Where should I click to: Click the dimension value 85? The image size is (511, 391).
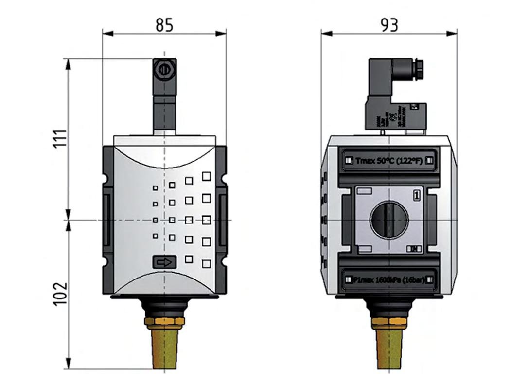164,25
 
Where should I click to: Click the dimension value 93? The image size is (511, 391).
388,25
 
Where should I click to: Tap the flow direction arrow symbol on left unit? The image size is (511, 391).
164,262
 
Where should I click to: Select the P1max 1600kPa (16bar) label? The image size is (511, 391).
388,279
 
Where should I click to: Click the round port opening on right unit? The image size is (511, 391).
388,220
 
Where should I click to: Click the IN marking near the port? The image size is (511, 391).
414,249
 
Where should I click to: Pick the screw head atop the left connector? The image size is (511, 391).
164,69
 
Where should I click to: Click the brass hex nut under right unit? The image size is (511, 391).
388,323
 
